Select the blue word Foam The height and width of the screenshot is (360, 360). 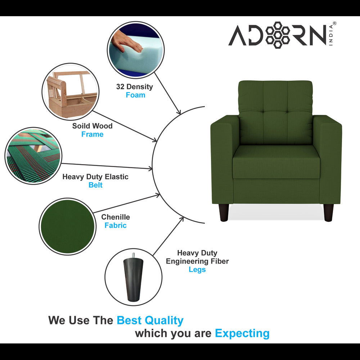click(135, 95)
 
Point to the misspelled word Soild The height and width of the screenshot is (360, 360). click(81, 126)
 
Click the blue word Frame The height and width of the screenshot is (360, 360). click(92, 134)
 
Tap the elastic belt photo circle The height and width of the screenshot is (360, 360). click(33, 156)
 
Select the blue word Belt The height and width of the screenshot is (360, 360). click(95, 185)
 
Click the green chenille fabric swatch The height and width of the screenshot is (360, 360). click(67, 226)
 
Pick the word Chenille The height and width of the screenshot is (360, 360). click(116, 217)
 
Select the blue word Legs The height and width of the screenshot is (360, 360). click(197, 270)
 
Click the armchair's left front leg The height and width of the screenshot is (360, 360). click(223, 212)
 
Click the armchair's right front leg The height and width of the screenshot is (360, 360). click(328, 212)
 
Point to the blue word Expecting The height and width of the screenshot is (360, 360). click(242, 333)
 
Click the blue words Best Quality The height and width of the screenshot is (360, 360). click(150, 320)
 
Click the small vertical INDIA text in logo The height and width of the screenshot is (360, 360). click(331, 36)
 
